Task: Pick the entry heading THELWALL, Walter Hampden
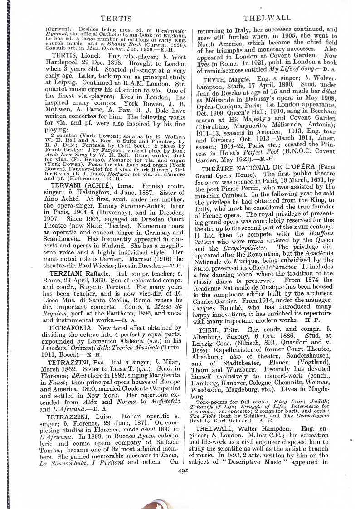pyautogui.click(x=251, y=428)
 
